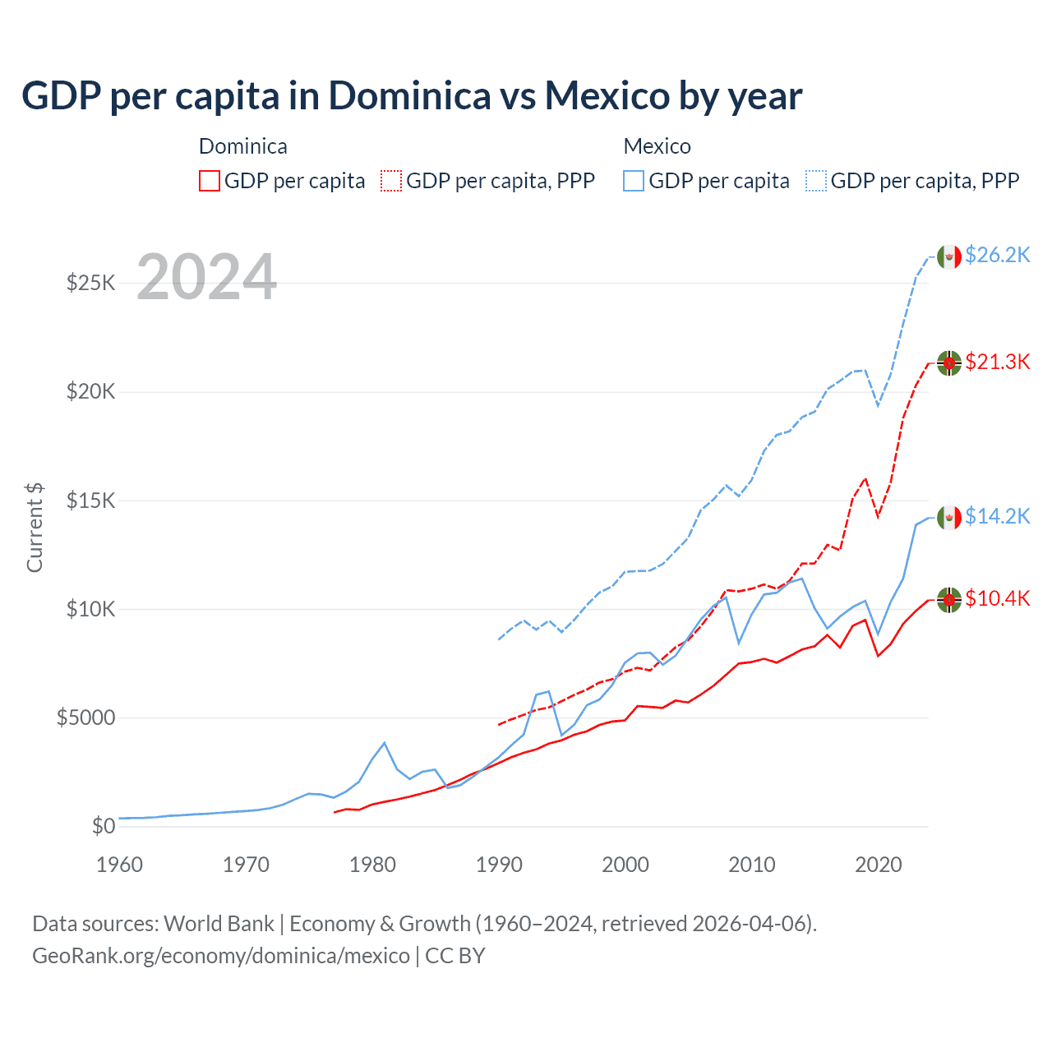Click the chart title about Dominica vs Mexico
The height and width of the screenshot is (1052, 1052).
click(412, 96)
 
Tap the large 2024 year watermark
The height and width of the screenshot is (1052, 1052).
click(206, 277)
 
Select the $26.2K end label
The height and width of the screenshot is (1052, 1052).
click(997, 256)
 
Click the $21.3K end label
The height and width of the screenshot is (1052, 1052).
click(997, 362)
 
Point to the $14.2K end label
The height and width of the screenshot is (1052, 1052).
click(997, 516)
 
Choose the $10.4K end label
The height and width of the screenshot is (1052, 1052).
click(997, 598)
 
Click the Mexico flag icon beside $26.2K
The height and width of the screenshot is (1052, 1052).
click(949, 256)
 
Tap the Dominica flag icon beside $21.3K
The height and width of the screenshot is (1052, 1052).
click(949, 362)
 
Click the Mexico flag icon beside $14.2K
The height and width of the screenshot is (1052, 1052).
click(949, 517)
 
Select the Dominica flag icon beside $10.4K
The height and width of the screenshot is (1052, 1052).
click(949, 600)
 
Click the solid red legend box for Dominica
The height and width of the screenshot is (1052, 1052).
click(210, 181)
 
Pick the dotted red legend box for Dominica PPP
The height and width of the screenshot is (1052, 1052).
click(391, 181)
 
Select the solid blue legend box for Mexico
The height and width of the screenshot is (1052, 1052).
click(634, 181)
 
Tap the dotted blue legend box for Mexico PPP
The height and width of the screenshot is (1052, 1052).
click(816, 181)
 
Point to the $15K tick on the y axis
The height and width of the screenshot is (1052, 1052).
click(90, 501)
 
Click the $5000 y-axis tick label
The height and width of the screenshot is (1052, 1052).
click(85, 717)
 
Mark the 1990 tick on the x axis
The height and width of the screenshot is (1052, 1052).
click(499, 865)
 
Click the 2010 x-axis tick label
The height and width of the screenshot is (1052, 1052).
click(752, 865)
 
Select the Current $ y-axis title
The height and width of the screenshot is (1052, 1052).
click(35, 527)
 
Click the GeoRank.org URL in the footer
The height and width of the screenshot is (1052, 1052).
click(221, 956)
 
